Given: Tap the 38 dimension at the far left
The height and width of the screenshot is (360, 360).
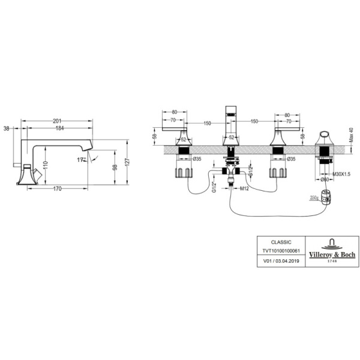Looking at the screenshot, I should pyautogui.click(x=6, y=128).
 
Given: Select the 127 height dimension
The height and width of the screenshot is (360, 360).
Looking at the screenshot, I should pyautogui.click(x=127, y=163).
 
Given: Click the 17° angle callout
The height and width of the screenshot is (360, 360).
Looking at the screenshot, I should pyautogui.click(x=81, y=160).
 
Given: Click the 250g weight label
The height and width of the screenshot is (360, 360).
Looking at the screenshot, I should pyautogui.click(x=314, y=197).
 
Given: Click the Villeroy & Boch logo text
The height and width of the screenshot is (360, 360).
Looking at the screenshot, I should pyautogui.click(x=331, y=255).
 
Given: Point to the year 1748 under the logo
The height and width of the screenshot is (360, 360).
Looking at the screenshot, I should pyautogui.click(x=331, y=261).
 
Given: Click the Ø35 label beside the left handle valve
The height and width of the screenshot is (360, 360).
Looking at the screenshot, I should pyautogui.click(x=197, y=159).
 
